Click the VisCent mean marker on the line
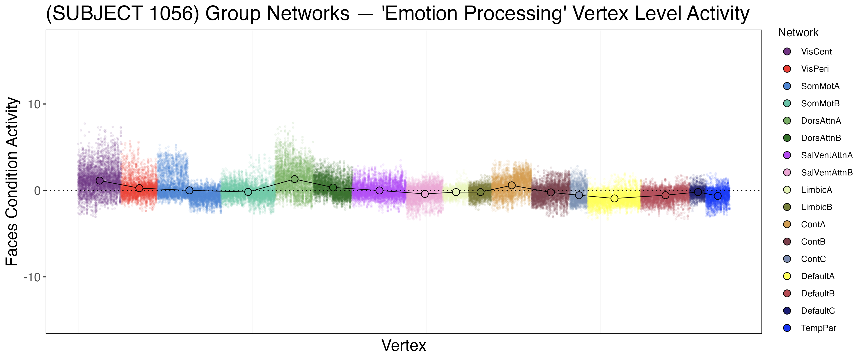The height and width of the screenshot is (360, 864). pyautogui.click(x=100, y=180)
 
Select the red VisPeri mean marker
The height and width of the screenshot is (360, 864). pyautogui.click(x=139, y=188)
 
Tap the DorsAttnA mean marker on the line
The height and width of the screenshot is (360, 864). pyautogui.click(x=294, y=179)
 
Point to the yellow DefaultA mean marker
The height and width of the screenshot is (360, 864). pyautogui.click(x=614, y=199)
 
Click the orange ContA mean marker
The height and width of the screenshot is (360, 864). pyautogui.click(x=511, y=186)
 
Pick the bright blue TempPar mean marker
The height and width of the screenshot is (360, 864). pyautogui.click(x=717, y=196)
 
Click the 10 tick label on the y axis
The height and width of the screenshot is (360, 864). pyautogui.click(x=34, y=104)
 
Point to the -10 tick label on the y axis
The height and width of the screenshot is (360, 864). pyautogui.click(x=32, y=277)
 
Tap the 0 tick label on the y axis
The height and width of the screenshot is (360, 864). pyautogui.click(x=37, y=191)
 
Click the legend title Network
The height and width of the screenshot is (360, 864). pyautogui.click(x=798, y=33)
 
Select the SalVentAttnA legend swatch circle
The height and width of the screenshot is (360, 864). pyautogui.click(x=787, y=155)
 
